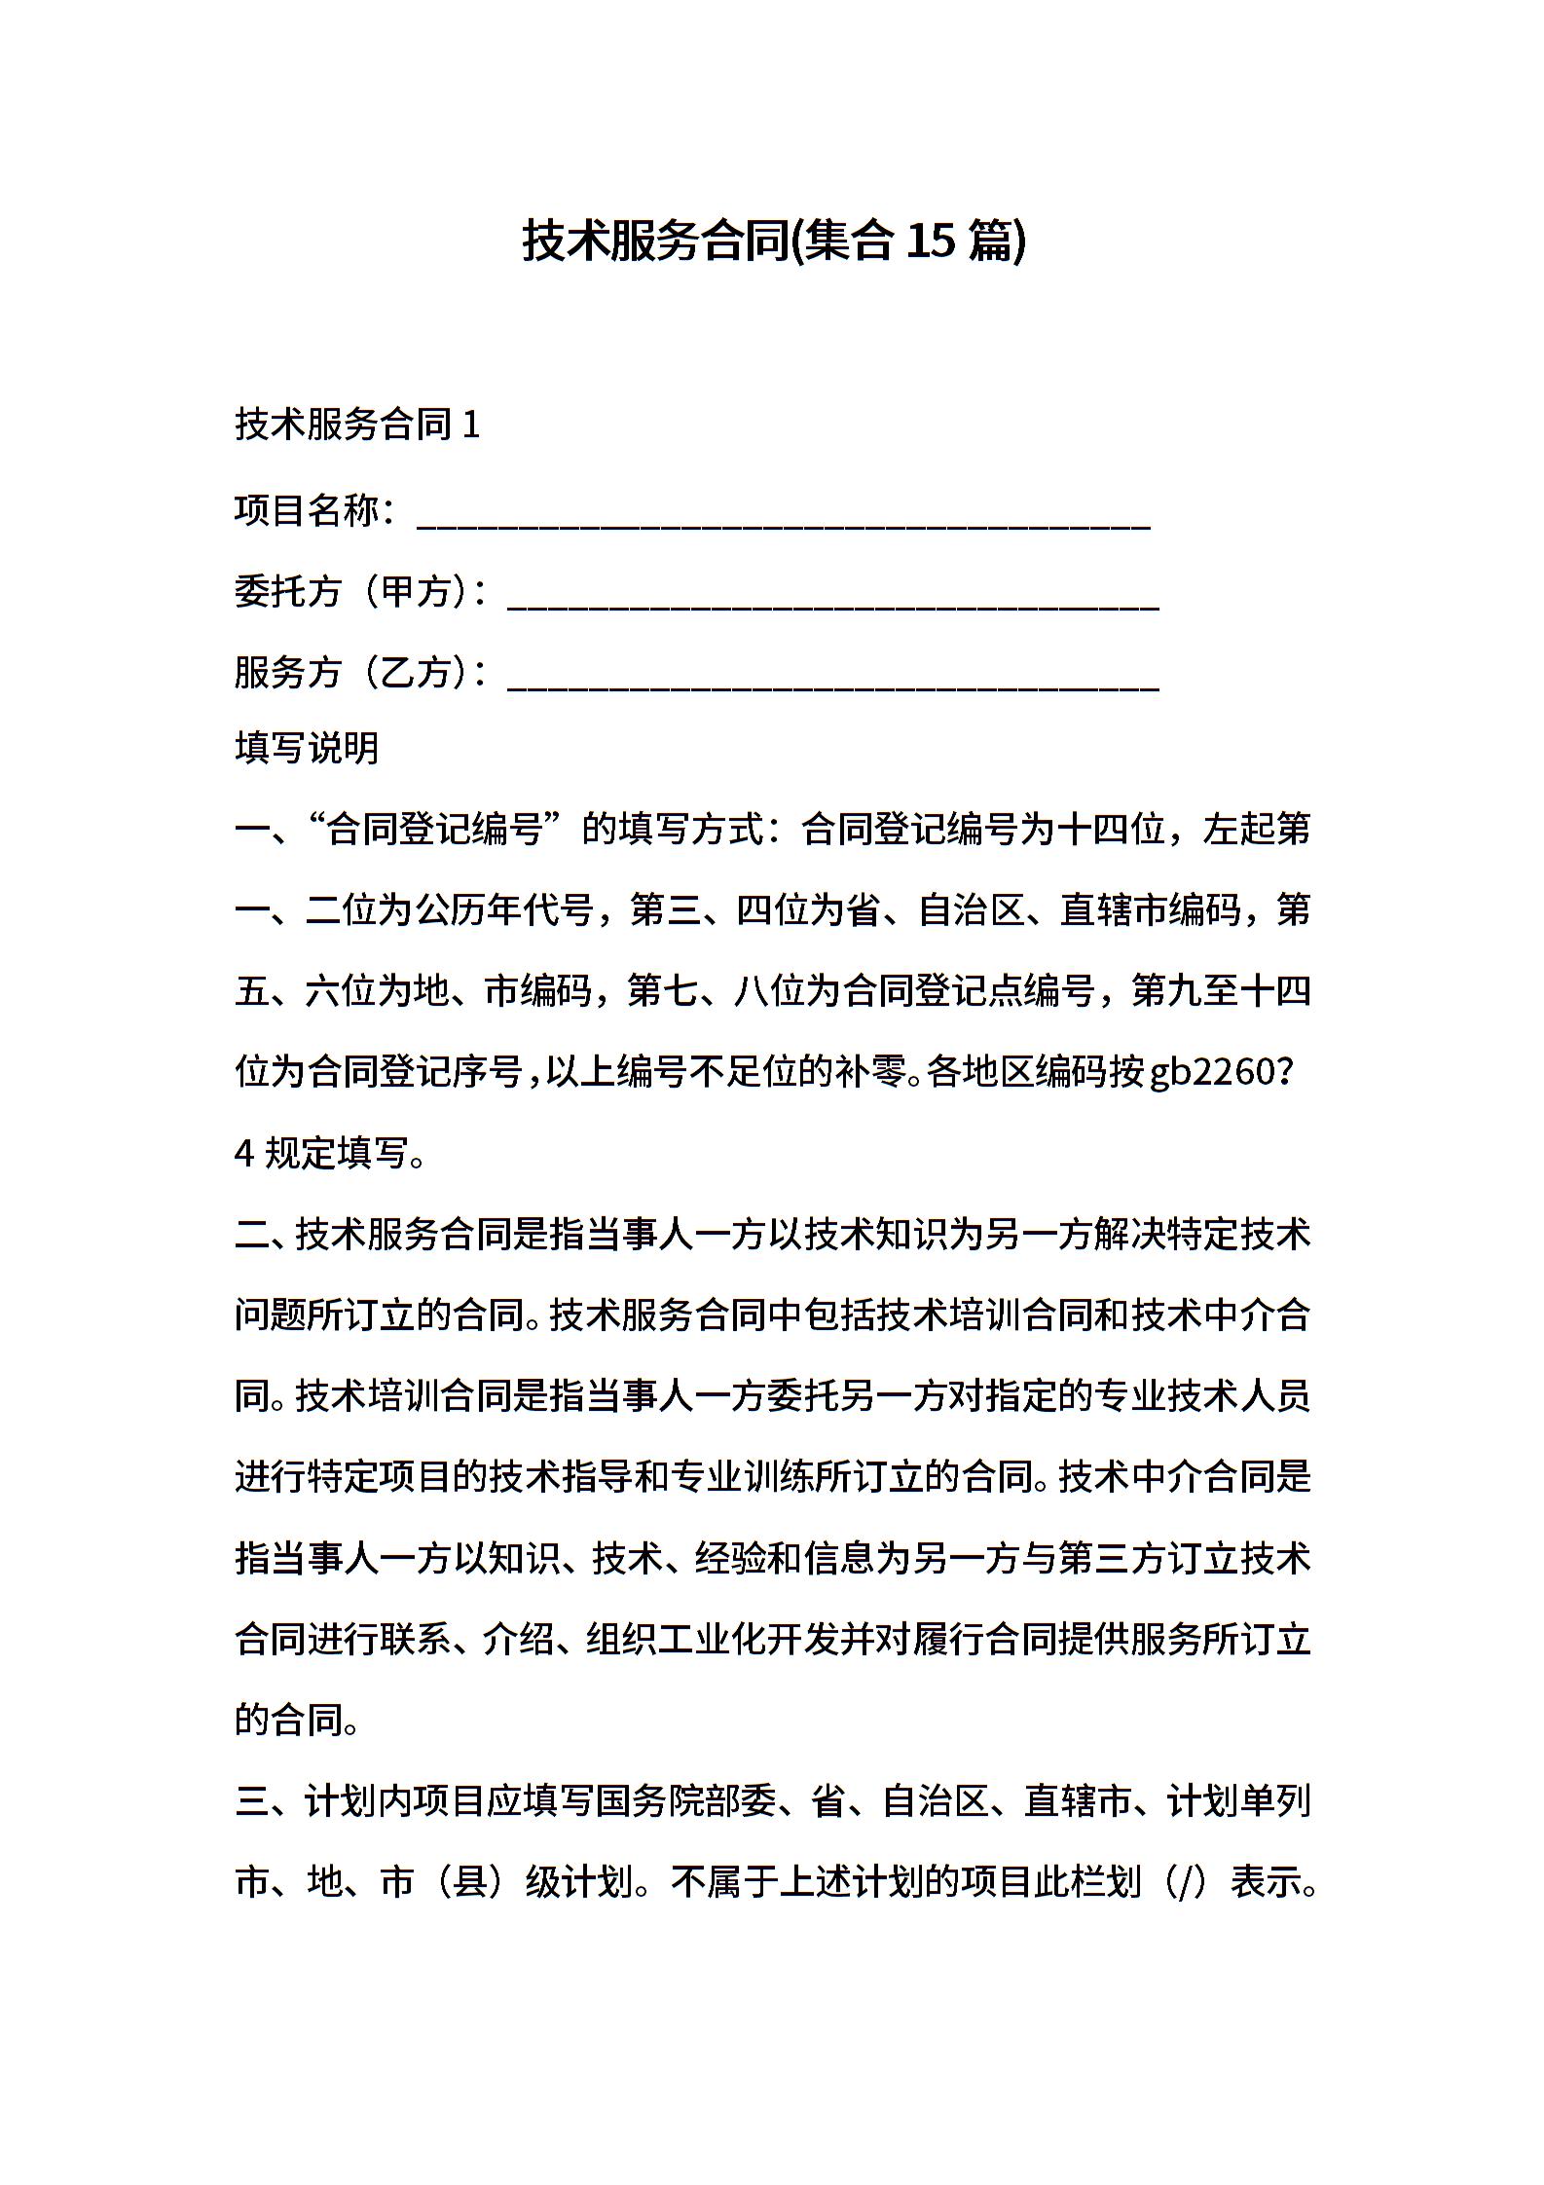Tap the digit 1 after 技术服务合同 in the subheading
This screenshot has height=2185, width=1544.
tap(471, 426)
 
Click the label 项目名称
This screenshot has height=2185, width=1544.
tap(307, 510)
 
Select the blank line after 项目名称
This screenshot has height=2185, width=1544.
tap(784, 522)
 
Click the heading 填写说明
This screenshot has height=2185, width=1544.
tap(307, 749)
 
